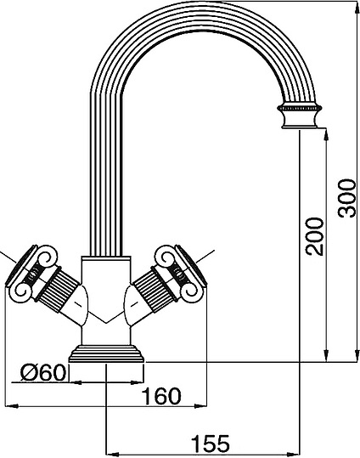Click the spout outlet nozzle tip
coord(300,127)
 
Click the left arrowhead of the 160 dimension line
coord(8,406)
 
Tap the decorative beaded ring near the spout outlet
coord(300,110)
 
